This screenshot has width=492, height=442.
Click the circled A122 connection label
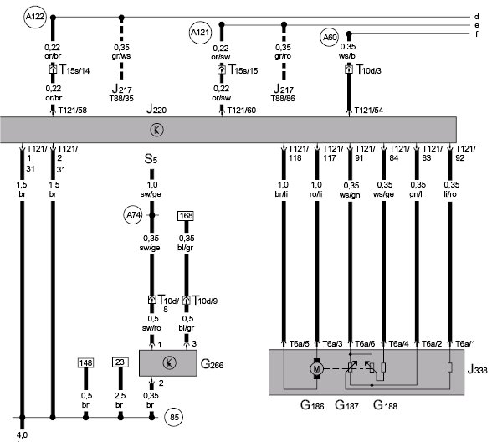pos(35,17)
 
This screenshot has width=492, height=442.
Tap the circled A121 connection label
pos(200,33)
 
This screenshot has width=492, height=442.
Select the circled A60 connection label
pos(330,38)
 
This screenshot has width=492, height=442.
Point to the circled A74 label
pos(133,215)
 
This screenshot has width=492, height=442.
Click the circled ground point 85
pos(174,417)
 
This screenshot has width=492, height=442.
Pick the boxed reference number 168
pos(186,216)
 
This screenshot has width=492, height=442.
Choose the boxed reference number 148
pos(85,363)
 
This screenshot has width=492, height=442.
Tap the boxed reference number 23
pos(120,362)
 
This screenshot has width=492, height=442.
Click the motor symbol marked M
pos(316,368)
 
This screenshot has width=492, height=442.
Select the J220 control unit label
pos(156,109)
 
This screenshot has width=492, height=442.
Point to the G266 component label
pos(213,364)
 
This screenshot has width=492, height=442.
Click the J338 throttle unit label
pos(477,369)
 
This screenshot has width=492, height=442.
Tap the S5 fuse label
pos(151,159)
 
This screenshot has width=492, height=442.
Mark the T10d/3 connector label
pos(368,69)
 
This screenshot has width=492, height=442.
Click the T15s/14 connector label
pos(74,69)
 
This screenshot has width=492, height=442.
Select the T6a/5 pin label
pos(299,344)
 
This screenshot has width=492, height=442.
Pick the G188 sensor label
pos(385,405)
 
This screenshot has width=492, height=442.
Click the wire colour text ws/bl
pos(348,56)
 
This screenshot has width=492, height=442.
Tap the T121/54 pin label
pos(369,110)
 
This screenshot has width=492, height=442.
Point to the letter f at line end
pos(477,33)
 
